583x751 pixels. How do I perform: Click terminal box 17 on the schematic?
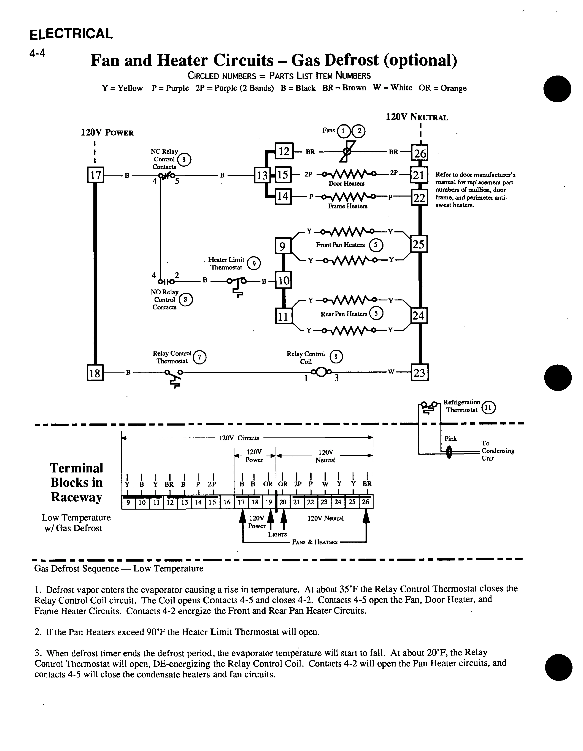coord(95,175)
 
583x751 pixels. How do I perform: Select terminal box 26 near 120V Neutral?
coord(419,153)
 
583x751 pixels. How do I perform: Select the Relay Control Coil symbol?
coord(321,372)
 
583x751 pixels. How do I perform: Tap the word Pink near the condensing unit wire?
coord(451,439)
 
